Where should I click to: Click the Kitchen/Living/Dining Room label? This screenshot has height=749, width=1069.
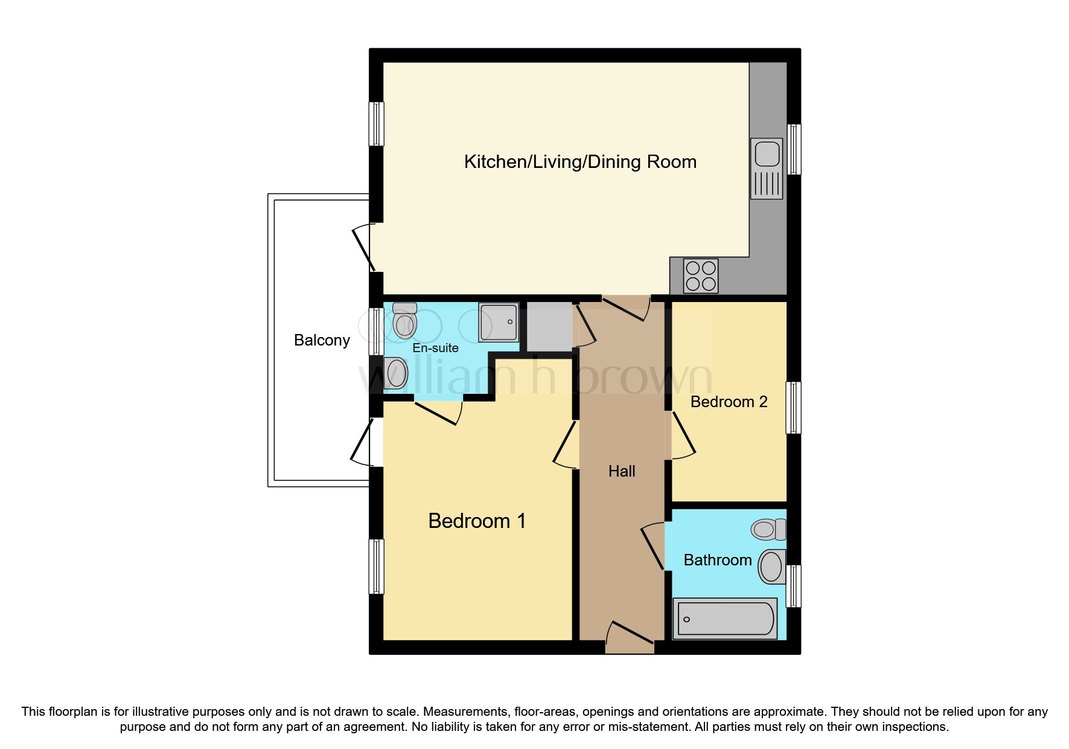pyautogui.click(x=580, y=162)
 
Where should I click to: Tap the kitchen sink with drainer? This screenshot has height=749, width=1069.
pyautogui.click(x=767, y=169)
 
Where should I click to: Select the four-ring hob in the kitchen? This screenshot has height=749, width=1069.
pyautogui.click(x=701, y=276)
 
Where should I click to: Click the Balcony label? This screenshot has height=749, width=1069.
pyautogui.click(x=322, y=341)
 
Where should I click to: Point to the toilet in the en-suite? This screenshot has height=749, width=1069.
pyautogui.click(x=404, y=321)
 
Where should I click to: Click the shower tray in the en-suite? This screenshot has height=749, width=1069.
pyautogui.click(x=499, y=322)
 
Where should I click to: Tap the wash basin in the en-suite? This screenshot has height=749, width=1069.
pyautogui.click(x=396, y=373)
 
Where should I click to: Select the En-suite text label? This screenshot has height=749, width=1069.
pyautogui.click(x=435, y=348)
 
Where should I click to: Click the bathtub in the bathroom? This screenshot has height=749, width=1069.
pyautogui.click(x=725, y=619)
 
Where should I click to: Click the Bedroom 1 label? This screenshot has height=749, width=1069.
pyautogui.click(x=477, y=521)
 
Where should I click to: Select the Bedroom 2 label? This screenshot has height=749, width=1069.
pyautogui.click(x=729, y=402)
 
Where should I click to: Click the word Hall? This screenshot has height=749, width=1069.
pyautogui.click(x=622, y=471)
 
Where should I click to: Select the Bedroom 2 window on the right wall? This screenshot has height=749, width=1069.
pyautogui.click(x=793, y=407)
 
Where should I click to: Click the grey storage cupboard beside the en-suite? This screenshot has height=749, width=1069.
pyautogui.click(x=549, y=327)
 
